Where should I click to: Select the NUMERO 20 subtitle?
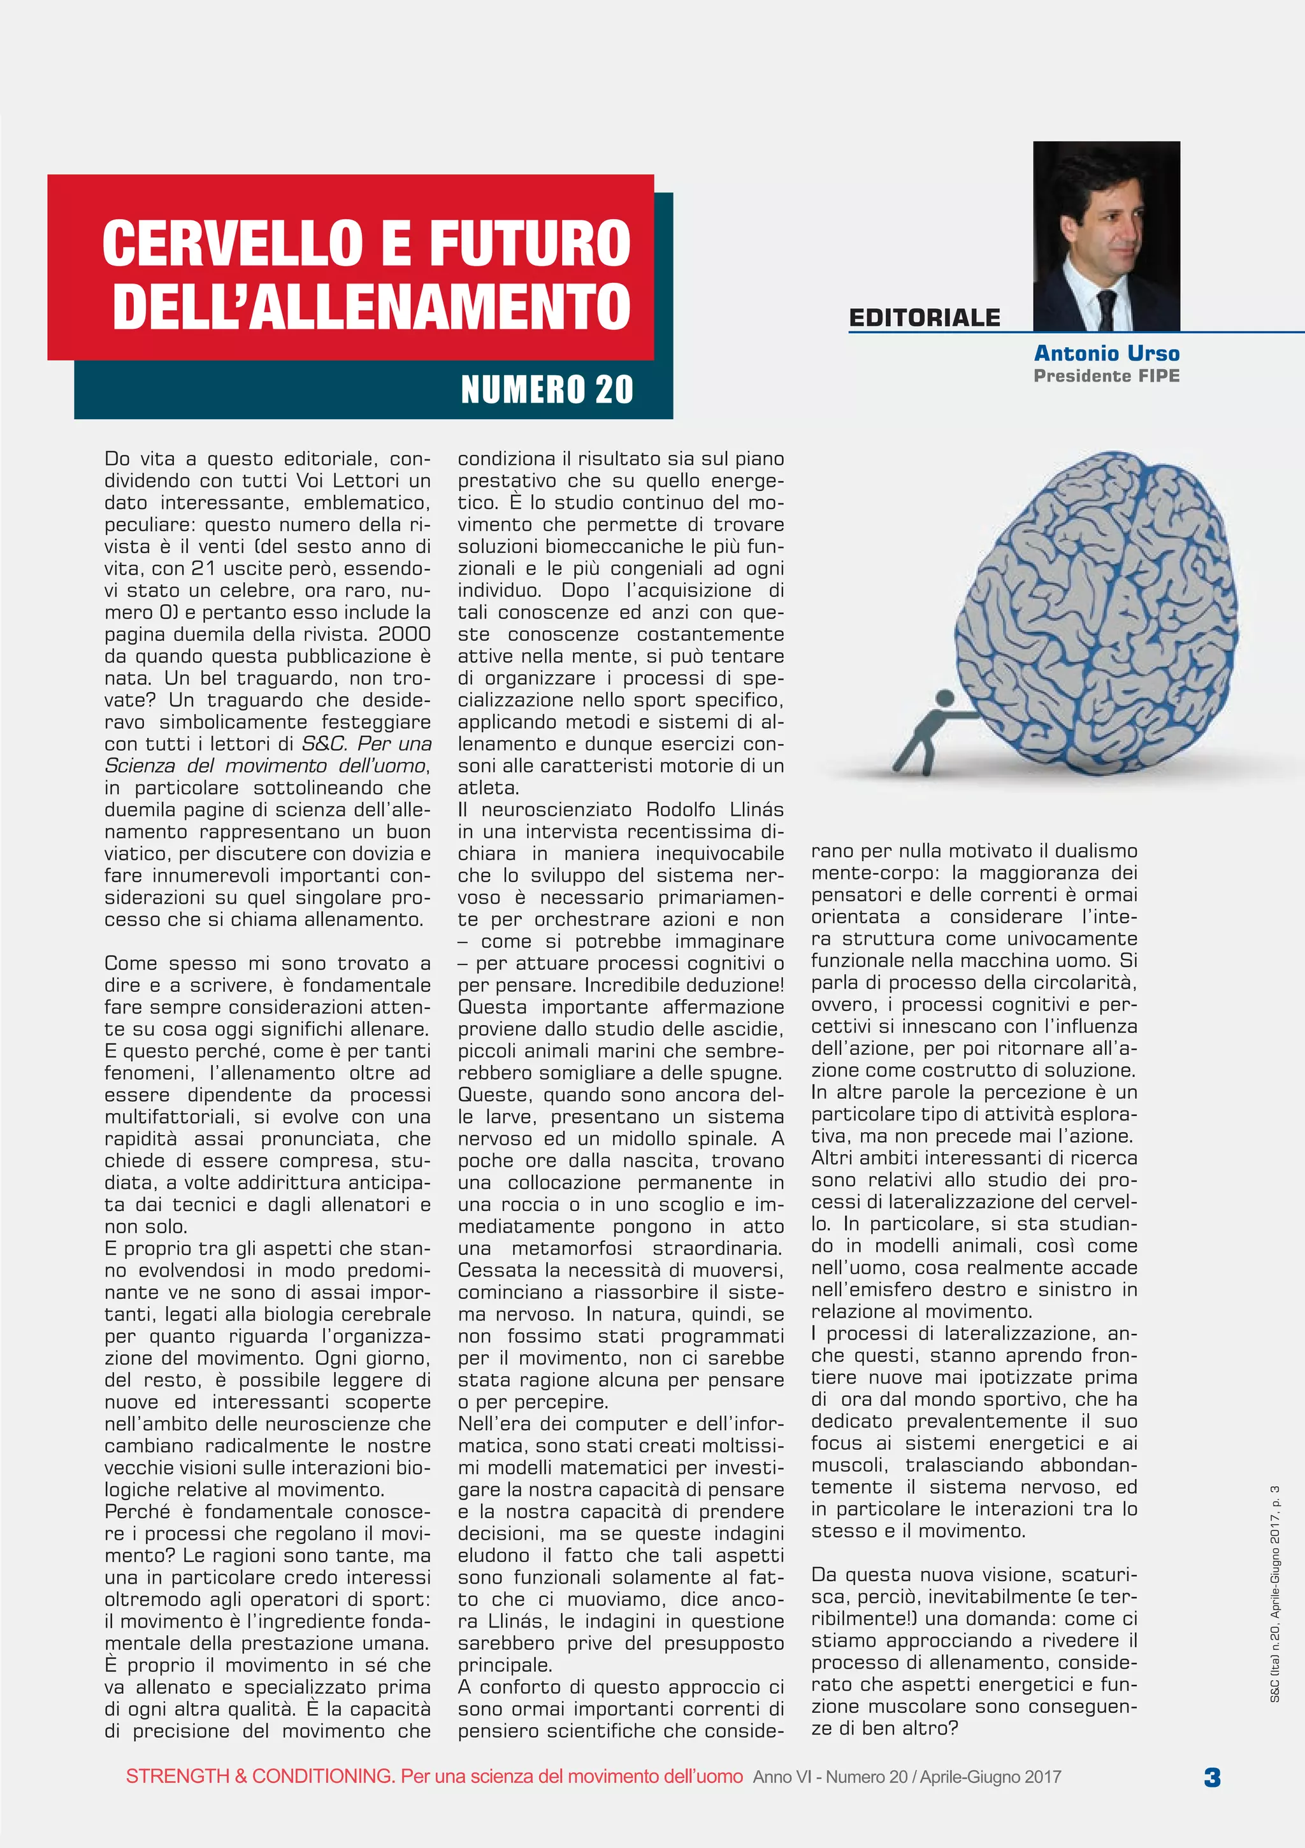[547, 390]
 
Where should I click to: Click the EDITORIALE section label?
[924, 318]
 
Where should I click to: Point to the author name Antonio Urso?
[1106, 354]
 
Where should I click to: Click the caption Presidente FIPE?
[1106, 376]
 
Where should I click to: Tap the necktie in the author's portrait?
[1107, 310]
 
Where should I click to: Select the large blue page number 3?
[1211, 1777]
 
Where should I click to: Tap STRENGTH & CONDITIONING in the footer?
[259, 1777]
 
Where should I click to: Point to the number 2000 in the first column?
[404, 634]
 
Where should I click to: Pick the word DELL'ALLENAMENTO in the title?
[371, 306]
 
